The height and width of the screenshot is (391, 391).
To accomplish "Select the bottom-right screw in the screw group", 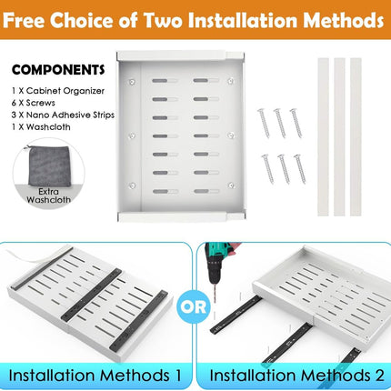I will pos(296,167).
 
